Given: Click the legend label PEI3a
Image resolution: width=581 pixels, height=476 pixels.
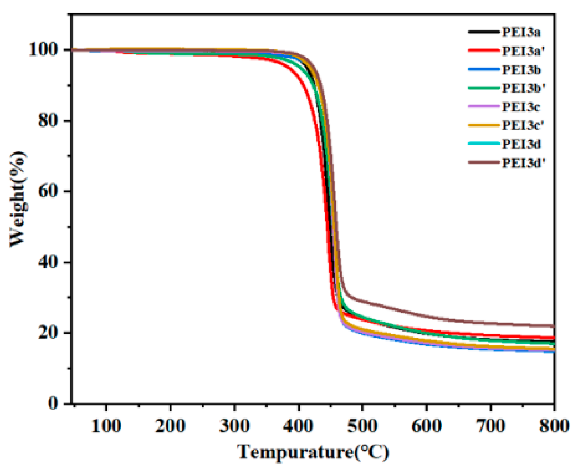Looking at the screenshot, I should pos(521,32).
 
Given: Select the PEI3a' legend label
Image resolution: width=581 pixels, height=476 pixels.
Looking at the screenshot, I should pos(522,51).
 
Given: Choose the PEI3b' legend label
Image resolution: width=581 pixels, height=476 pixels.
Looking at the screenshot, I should pos(523,88).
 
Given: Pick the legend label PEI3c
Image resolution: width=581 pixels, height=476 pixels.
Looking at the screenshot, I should pos(521,107).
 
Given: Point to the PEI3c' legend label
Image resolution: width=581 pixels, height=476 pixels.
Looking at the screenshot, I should pos(522,125).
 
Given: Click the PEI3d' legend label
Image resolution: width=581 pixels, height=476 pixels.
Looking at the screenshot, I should pos(523,162).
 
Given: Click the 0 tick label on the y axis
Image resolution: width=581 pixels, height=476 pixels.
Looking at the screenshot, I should pos(53,403).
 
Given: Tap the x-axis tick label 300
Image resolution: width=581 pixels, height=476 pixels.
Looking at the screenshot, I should pos(235,425).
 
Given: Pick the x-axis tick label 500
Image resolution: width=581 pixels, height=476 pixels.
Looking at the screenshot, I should pos(362,425).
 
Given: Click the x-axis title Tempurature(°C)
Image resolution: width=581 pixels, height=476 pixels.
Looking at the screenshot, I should pos(313,453).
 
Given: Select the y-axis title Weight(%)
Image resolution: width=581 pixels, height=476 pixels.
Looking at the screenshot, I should pos(18,199).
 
